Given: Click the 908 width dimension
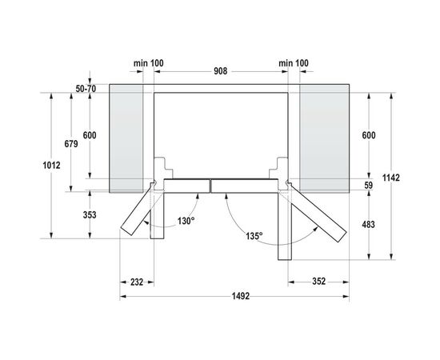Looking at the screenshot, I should pyautogui.click(x=221, y=71).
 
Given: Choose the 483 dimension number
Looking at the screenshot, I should pyautogui.click(x=368, y=225).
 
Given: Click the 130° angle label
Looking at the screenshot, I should pyautogui.click(x=186, y=222).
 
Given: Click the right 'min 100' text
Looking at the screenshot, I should pyautogui.click(x=294, y=62).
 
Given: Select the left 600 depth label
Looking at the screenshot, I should pyautogui.click(x=89, y=136).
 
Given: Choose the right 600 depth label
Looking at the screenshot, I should pyautogui.click(x=368, y=136).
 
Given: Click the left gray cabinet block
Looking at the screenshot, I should pyautogui.click(x=125, y=136).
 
